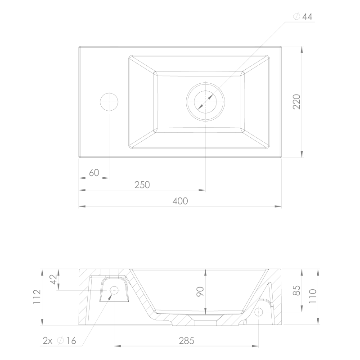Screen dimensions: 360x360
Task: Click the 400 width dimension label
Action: point(180,201)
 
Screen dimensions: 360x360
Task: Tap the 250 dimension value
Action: point(142,185)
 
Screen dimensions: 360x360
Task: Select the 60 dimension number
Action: point(94,173)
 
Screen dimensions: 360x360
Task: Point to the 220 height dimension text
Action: point(297,102)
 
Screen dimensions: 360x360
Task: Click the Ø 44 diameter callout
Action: point(303,17)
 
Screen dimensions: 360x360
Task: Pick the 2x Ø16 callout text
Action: point(59,341)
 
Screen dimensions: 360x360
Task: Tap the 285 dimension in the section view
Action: point(186,341)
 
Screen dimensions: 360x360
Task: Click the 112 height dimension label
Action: point(37,297)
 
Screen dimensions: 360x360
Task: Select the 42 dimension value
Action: point(54,279)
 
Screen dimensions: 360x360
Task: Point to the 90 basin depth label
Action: point(200,291)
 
